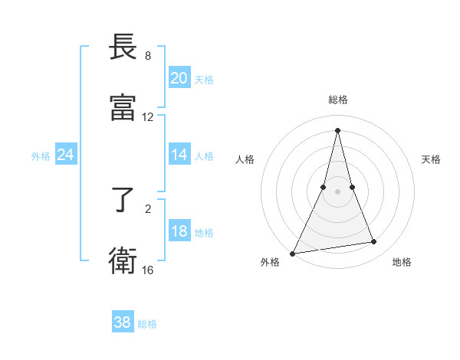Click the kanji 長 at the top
pyautogui.click(x=123, y=47)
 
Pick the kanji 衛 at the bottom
pyautogui.click(x=123, y=260)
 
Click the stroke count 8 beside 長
pyautogui.click(x=148, y=56)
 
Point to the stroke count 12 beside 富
pyautogui.click(x=148, y=117)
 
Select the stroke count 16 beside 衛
pyautogui.click(x=148, y=270)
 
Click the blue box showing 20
pyautogui.click(x=179, y=78)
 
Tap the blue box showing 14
pyautogui.click(x=179, y=155)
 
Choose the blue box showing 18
pyautogui.click(x=179, y=231)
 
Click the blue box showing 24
pyautogui.click(x=65, y=155)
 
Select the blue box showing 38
pyautogui.click(x=123, y=322)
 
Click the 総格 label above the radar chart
pyautogui.click(x=338, y=100)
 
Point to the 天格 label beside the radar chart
pyautogui.click(x=432, y=159)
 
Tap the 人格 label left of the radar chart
pyautogui.click(x=245, y=159)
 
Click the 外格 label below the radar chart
pyautogui.click(x=270, y=263)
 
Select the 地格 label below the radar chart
pyautogui.click(x=402, y=263)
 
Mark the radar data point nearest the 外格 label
pyautogui.click(x=293, y=254)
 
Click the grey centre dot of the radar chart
pyautogui.click(x=338, y=191)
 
